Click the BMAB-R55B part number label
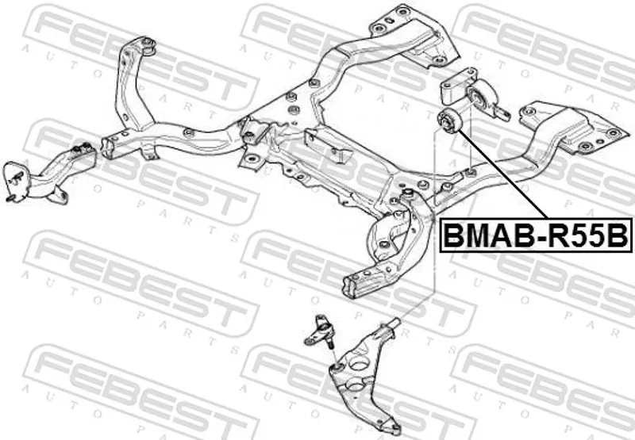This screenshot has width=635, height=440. click(x=536, y=235)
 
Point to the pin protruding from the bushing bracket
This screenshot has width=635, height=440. click(x=502, y=113)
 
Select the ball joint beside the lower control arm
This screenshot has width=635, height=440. click(x=319, y=333)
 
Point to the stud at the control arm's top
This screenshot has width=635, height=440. click(x=393, y=323)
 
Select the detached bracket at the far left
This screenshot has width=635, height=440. click(x=49, y=174)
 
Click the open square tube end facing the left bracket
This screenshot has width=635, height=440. click(x=106, y=148)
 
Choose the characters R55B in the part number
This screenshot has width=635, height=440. click(x=587, y=235)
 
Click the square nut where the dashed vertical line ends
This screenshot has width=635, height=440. click(x=470, y=173)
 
